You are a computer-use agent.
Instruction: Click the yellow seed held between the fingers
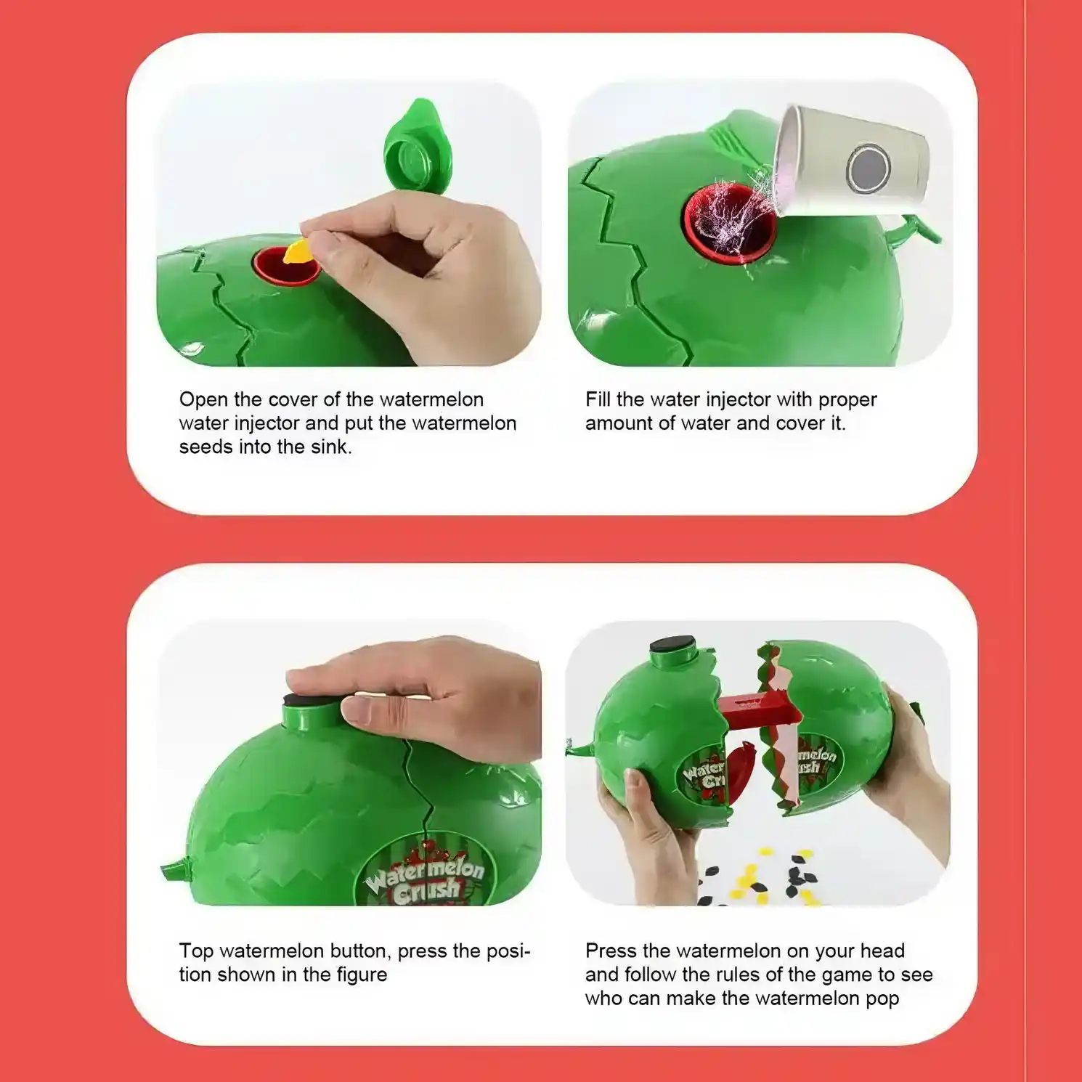(x=298, y=251)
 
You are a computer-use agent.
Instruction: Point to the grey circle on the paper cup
(x=869, y=168)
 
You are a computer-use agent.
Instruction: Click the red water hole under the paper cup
(x=728, y=223)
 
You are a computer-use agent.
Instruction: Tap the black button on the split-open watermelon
(x=672, y=644)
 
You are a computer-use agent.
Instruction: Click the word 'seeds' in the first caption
(x=206, y=447)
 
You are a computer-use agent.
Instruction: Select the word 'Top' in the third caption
(x=196, y=951)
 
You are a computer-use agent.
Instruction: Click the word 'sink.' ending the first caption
(x=331, y=447)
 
